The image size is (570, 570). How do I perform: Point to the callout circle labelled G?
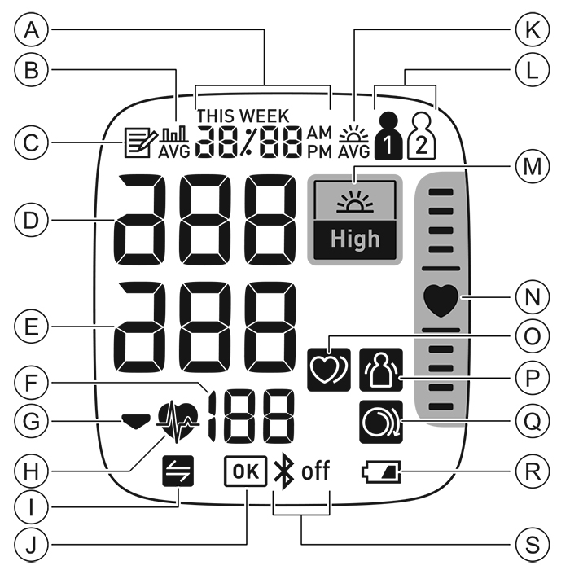pos(32,421)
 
